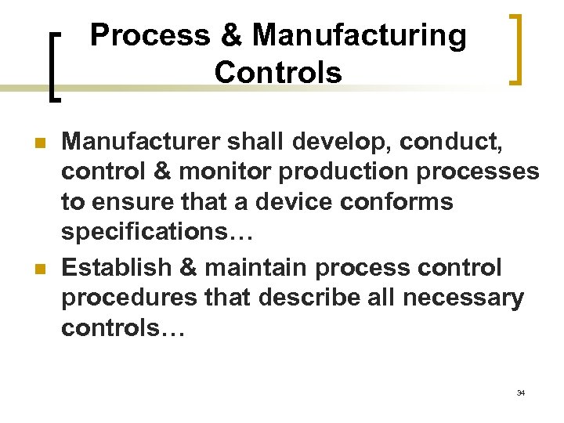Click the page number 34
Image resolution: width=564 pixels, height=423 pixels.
520,392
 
